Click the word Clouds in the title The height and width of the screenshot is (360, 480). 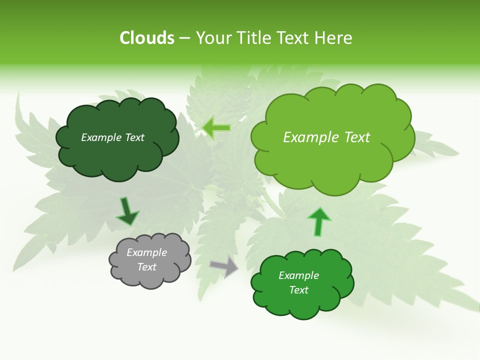[x=147, y=38]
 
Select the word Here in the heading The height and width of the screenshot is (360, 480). [x=333, y=38]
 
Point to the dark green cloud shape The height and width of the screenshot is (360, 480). [x=117, y=155]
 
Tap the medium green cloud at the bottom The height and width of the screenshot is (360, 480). [x=302, y=305]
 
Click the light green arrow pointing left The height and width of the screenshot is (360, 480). [x=217, y=127]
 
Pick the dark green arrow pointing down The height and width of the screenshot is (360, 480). [x=127, y=212]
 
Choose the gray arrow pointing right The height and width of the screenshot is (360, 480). [x=224, y=266]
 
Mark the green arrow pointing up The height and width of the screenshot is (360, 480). [x=318, y=221]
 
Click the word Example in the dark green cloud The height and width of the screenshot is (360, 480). [x=101, y=137]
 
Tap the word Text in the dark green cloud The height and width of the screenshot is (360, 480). [x=134, y=137]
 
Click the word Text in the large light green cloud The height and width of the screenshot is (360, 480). [x=356, y=137]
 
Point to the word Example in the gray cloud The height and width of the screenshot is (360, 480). [x=147, y=252]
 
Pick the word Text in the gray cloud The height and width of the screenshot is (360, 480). [x=147, y=267]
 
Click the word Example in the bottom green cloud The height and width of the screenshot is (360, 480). [x=298, y=275]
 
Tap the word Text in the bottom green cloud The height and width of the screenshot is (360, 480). [x=298, y=290]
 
